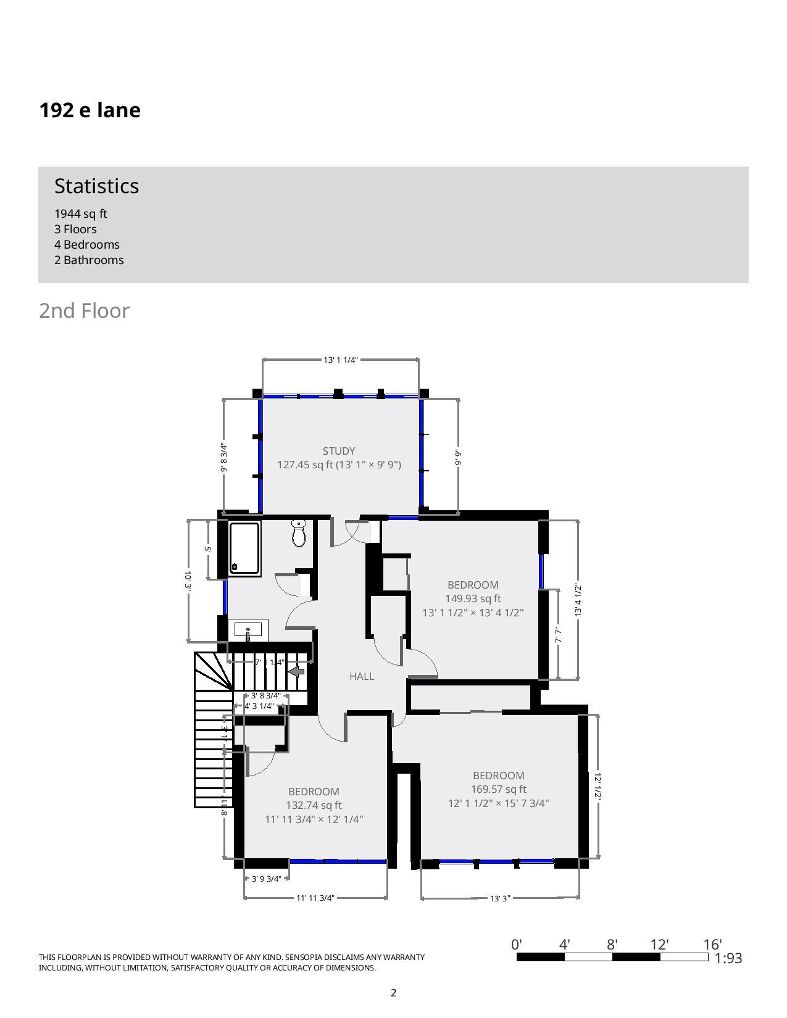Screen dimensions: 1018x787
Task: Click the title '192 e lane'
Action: point(90,110)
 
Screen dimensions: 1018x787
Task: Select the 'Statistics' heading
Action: point(97,186)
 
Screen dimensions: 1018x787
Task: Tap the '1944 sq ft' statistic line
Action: point(81,213)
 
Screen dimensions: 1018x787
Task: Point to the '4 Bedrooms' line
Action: point(87,244)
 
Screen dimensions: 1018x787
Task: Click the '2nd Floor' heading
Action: point(85,310)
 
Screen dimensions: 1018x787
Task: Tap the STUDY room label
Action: point(339,451)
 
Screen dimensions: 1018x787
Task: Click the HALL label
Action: point(362,676)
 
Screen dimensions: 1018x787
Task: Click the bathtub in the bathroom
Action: point(244,548)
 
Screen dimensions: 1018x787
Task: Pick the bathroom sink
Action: point(248,631)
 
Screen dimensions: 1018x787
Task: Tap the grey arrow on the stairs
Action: point(297,671)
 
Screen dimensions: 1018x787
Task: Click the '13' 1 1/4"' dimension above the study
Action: point(341,360)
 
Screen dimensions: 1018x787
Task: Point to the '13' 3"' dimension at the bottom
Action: point(500,898)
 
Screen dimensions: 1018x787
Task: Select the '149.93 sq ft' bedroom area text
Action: point(473,598)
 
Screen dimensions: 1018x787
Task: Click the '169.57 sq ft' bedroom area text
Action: point(499,789)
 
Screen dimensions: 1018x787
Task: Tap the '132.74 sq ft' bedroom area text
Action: point(314,805)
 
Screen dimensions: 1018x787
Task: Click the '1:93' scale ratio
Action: point(728,958)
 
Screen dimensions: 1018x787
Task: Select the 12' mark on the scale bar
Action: point(659,945)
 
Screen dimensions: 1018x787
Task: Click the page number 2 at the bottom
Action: point(394,993)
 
